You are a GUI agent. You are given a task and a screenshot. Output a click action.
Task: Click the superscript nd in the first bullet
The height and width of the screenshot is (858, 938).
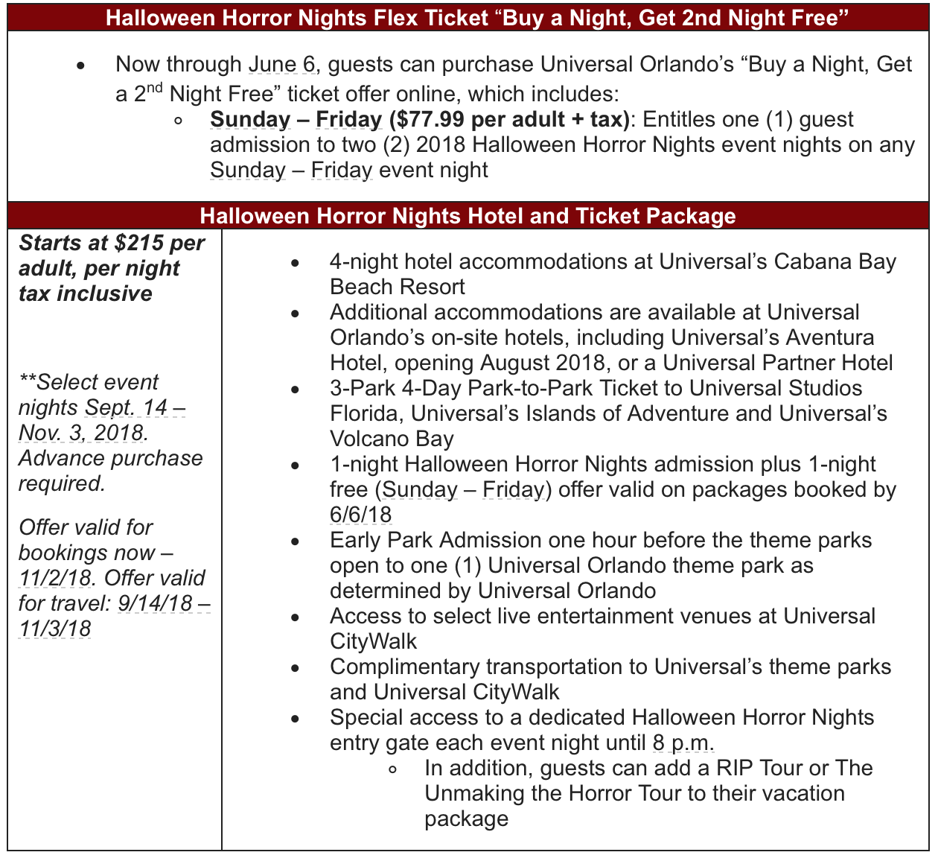153,89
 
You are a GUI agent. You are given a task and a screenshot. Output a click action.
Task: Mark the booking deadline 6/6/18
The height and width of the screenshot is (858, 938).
361,515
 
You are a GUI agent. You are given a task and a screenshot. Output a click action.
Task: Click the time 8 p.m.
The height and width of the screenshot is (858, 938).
683,743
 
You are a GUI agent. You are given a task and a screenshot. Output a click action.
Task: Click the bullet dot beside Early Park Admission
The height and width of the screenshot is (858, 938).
296,541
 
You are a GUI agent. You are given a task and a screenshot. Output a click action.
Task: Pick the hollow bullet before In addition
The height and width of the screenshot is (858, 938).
392,769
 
